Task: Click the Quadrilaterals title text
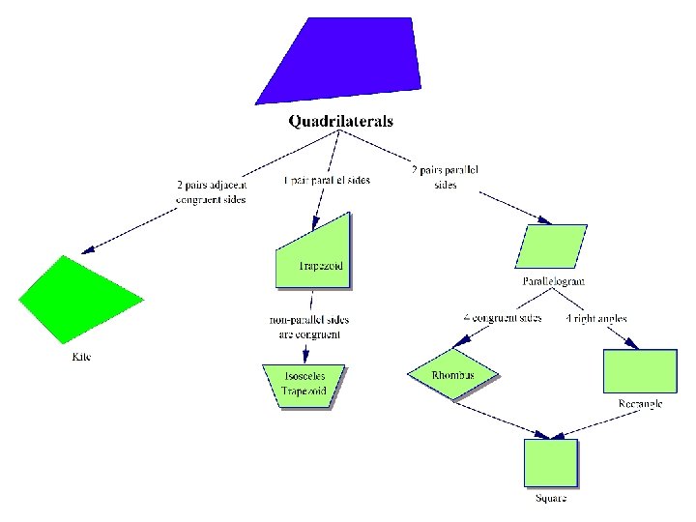pyautogui.click(x=341, y=122)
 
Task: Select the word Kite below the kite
pyautogui.click(x=82, y=358)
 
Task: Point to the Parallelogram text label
pyautogui.click(x=554, y=281)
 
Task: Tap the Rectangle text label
pyautogui.click(x=640, y=404)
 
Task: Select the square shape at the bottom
pyautogui.click(x=551, y=463)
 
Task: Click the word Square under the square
pyautogui.click(x=551, y=499)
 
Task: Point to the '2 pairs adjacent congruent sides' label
pyautogui.click(x=211, y=192)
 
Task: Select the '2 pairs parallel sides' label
pyautogui.click(x=446, y=178)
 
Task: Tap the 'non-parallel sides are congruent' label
pyautogui.click(x=309, y=327)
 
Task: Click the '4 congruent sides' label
pyautogui.click(x=503, y=317)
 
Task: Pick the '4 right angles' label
pyautogui.click(x=595, y=318)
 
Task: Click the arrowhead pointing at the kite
pyautogui.click(x=88, y=250)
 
